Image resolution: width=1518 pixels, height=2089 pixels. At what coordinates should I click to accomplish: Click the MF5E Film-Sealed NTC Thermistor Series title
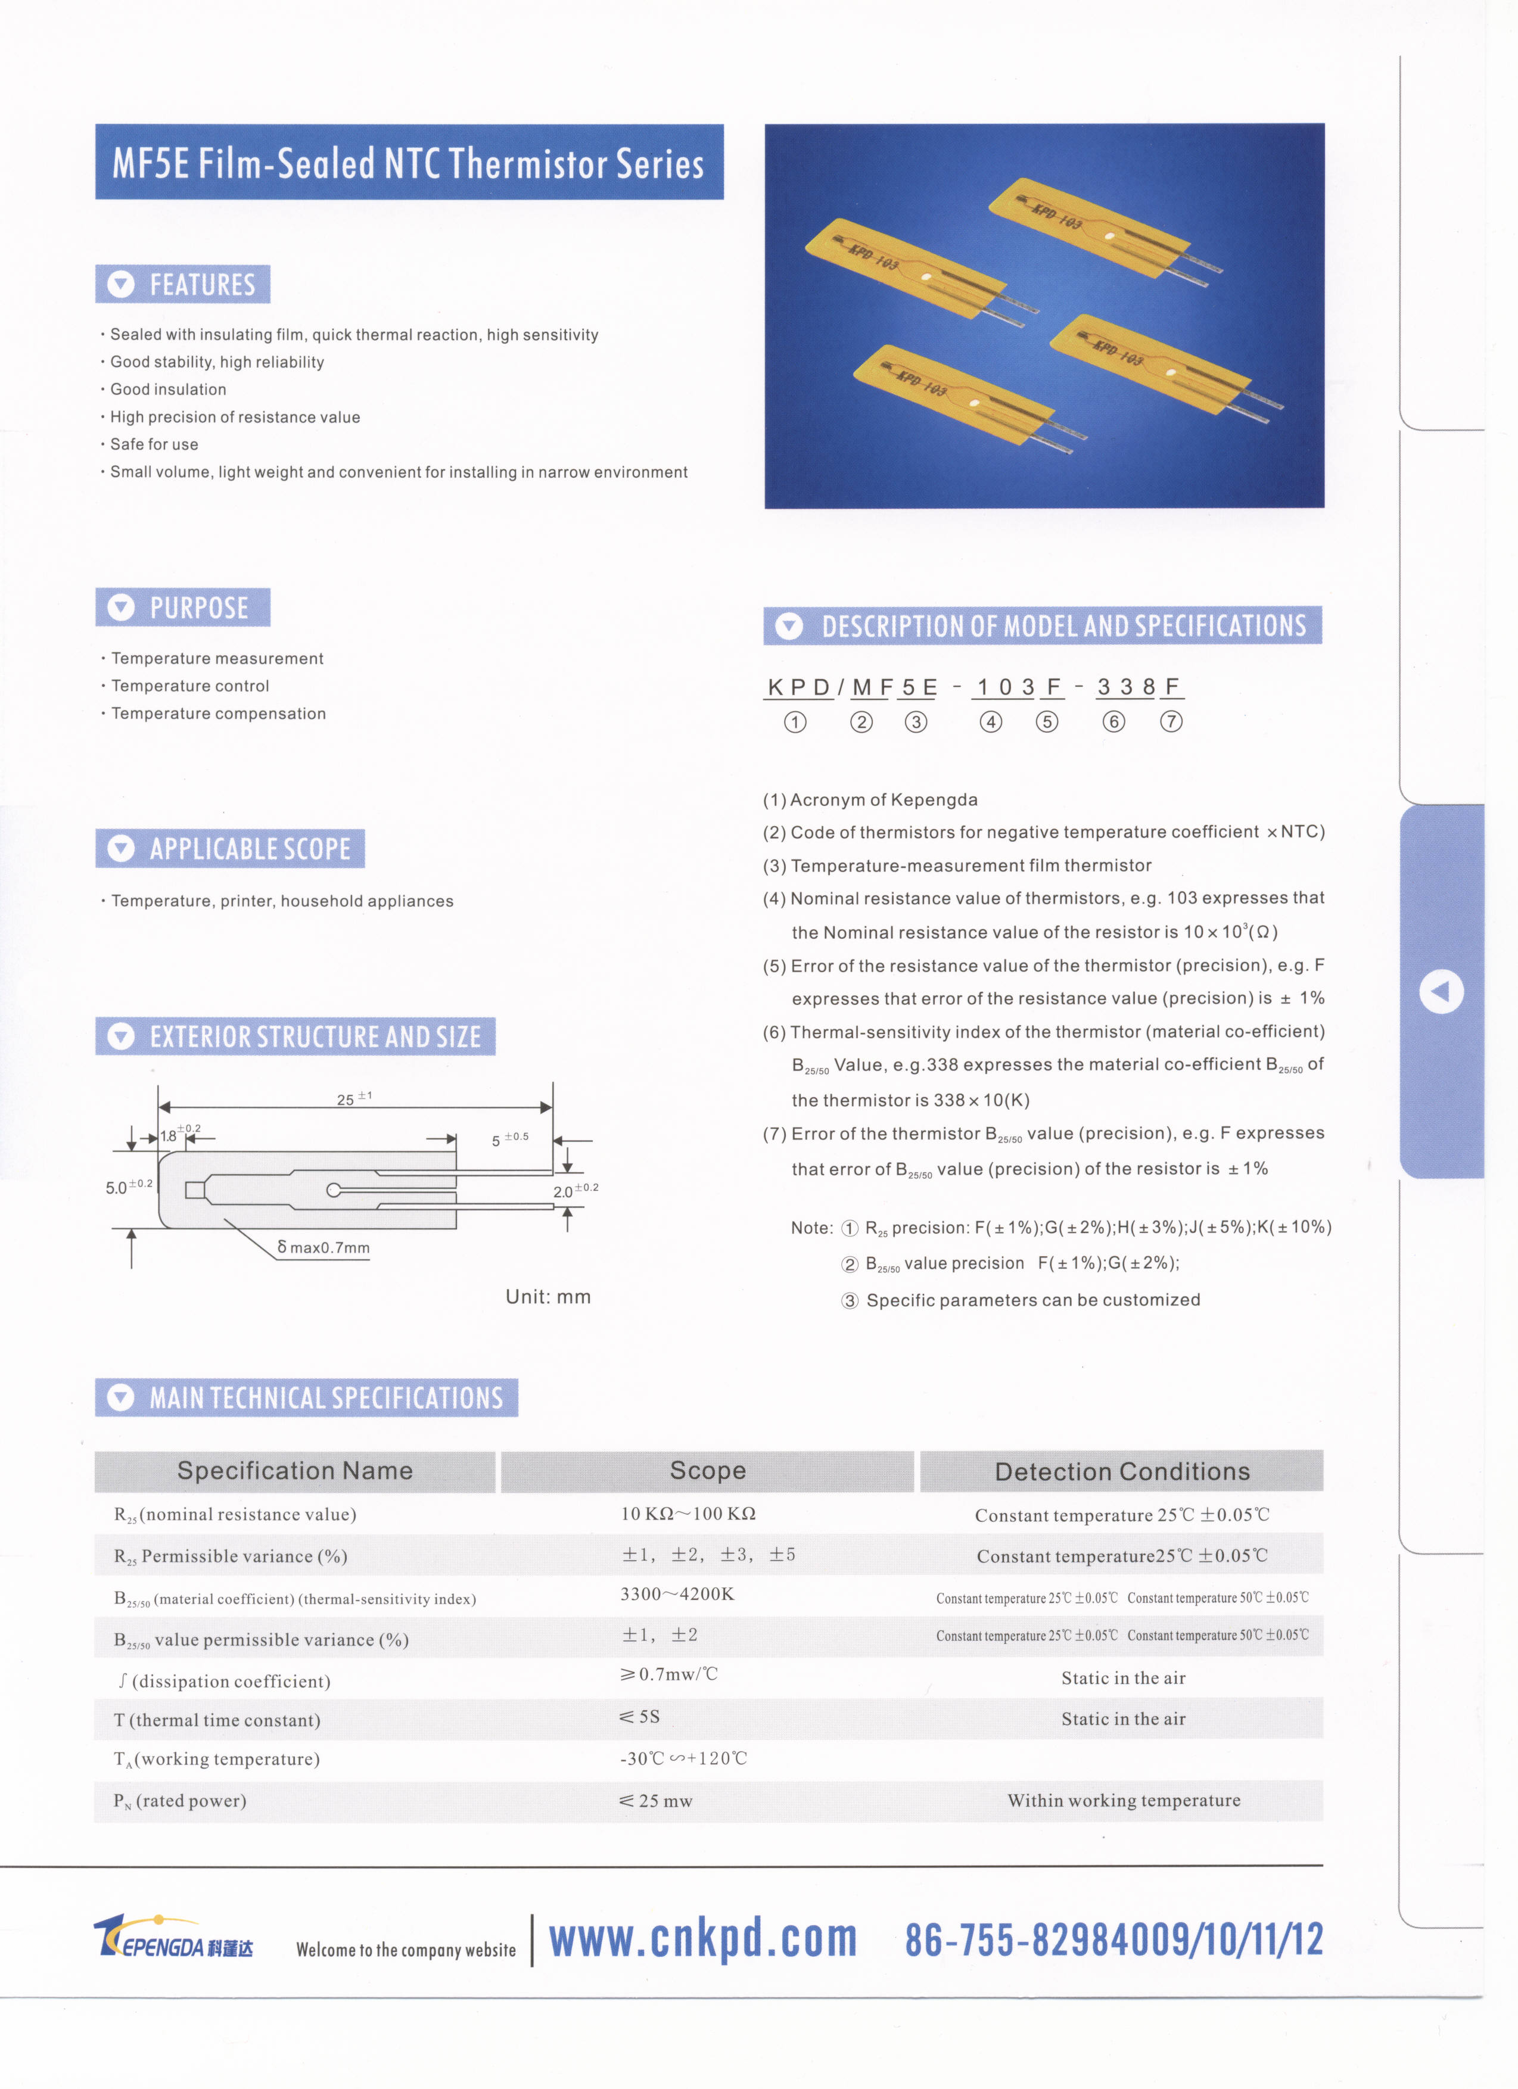(x=408, y=163)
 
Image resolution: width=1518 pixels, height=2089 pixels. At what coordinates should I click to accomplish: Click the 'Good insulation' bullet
(x=167, y=390)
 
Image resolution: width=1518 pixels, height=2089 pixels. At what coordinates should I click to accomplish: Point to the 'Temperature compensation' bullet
(x=218, y=714)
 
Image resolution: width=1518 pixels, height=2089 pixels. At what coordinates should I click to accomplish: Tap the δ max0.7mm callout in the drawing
(x=323, y=1248)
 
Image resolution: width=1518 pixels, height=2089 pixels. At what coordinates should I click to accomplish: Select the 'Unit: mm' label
(x=548, y=1297)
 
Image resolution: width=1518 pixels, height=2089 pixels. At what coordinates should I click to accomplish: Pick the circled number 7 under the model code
(x=1171, y=722)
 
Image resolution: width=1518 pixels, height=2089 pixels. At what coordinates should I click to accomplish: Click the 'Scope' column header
(x=707, y=1471)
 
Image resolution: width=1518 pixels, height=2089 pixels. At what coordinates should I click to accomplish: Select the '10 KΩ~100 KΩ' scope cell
(x=688, y=1514)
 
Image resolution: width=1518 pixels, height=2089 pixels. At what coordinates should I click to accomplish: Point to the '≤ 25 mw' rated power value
(x=656, y=1801)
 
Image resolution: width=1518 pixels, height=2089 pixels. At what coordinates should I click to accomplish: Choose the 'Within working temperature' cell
(x=1124, y=1801)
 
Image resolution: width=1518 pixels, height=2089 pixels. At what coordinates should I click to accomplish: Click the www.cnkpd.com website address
(x=703, y=1939)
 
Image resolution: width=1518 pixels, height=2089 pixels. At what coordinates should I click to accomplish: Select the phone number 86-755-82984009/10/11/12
(x=1113, y=1939)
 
